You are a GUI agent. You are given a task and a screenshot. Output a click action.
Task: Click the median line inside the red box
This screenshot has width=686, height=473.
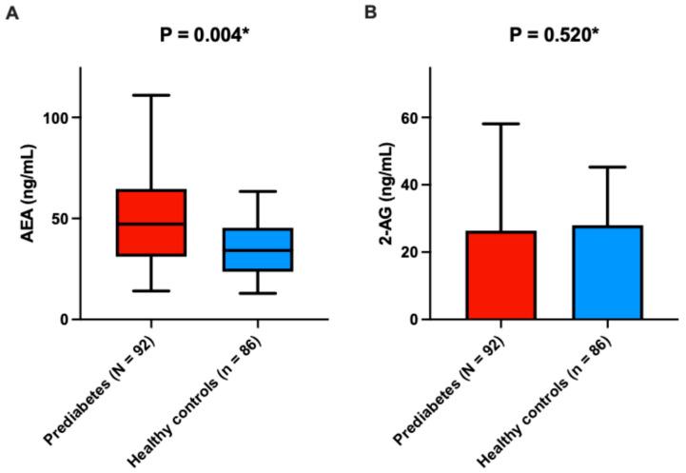(x=151, y=224)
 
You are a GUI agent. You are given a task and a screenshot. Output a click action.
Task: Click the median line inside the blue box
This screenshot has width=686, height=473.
(x=258, y=250)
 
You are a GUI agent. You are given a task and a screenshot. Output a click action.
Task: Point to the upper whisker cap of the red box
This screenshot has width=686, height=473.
(x=151, y=95)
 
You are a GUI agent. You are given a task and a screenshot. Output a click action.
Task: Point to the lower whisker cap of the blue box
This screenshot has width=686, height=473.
(x=258, y=293)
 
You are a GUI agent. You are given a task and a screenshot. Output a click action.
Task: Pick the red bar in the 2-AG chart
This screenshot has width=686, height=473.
(x=500, y=275)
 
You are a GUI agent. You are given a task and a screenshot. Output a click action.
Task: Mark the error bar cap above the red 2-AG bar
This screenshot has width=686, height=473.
(x=500, y=124)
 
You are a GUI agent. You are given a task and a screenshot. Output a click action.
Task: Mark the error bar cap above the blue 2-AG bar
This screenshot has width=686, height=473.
(x=607, y=168)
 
